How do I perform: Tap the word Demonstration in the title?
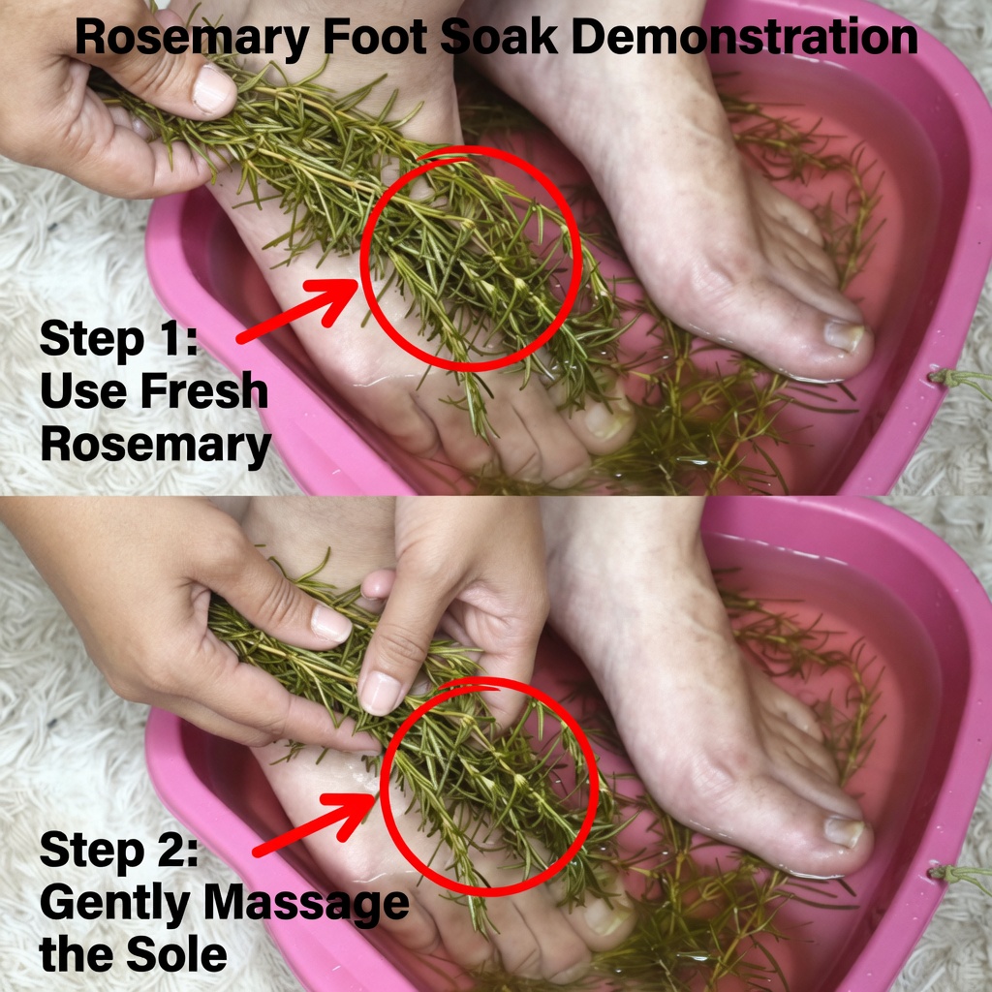(745, 37)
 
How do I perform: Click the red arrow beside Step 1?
(297, 311)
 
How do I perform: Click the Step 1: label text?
(119, 339)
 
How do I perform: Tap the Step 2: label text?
(119, 851)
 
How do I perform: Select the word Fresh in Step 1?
(204, 390)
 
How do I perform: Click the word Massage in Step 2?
(306, 905)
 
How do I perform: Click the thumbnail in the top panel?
(213, 90)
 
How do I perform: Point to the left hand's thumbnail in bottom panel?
(330, 623)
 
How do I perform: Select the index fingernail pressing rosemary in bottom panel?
(380, 693)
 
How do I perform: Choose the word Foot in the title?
(375, 37)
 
